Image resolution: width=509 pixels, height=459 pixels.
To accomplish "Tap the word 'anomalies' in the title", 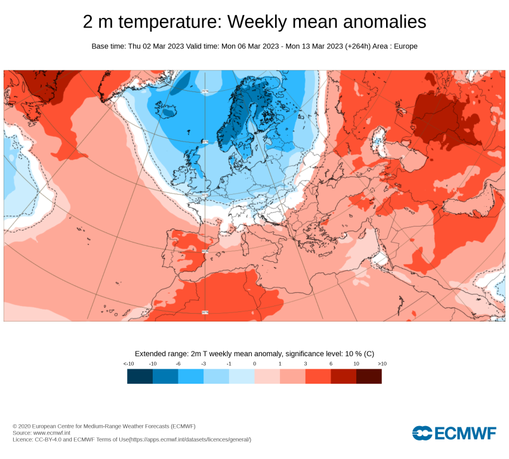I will point(378,22).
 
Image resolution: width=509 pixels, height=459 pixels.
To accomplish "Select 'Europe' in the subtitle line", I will point(405,46).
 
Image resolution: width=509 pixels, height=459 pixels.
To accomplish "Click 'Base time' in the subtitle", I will point(108,46).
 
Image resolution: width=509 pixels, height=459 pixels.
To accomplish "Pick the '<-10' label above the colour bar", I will point(128,363).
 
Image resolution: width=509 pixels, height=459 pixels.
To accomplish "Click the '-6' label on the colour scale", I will point(178,363).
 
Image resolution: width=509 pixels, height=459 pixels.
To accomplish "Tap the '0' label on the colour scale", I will point(254,363).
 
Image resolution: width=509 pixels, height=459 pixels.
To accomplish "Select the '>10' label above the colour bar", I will point(382,363).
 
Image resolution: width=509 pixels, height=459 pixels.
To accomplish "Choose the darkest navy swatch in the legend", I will point(140,376).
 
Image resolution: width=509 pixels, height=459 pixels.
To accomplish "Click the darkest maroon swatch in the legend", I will point(369,376).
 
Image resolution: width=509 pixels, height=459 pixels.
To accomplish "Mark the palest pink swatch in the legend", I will point(267,376).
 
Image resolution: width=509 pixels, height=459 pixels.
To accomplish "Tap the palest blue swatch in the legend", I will point(242,376).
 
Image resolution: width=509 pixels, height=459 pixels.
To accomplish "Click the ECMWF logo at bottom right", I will point(454,433).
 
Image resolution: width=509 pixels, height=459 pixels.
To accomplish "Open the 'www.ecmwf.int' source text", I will point(52,433).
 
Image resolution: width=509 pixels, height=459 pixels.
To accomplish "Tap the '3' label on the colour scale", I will point(305,363).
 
